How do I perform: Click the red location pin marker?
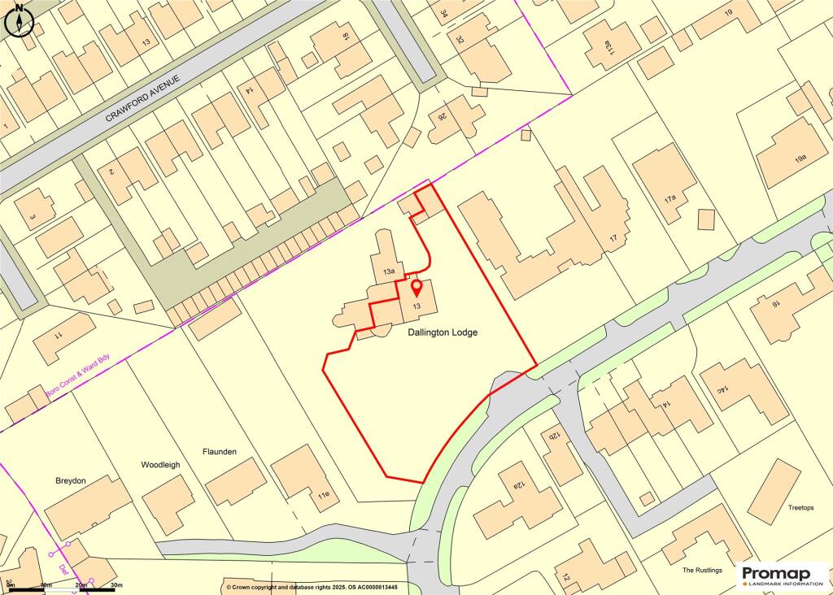[416, 288]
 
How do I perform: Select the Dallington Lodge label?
[443, 332]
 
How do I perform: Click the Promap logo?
[782, 575]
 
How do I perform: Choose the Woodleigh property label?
[160, 465]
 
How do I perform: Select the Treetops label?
[800, 507]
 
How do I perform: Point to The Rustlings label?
[702, 571]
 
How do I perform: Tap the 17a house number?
[670, 197]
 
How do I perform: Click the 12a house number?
[517, 486]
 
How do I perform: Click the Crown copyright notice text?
[312, 587]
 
